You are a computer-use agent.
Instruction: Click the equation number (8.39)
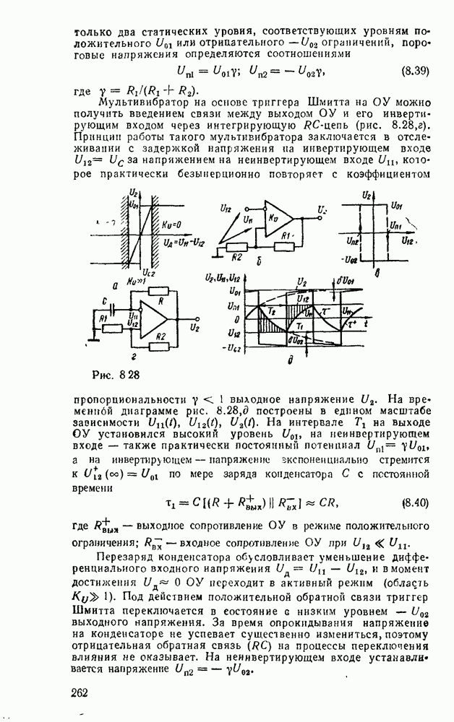414,72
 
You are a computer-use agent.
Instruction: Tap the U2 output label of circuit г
195,326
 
